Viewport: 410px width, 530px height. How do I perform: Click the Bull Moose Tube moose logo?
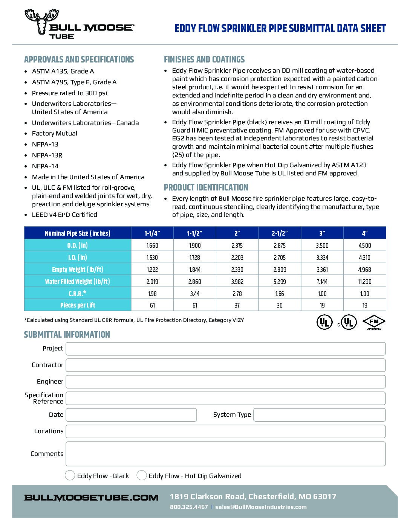(x=41, y=22)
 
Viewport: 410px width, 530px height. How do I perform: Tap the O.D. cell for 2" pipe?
(x=237, y=245)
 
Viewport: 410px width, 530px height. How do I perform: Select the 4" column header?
(x=364, y=233)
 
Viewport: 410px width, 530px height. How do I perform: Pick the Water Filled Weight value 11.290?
(x=364, y=282)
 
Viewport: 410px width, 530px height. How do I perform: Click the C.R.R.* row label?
(x=78, y=293)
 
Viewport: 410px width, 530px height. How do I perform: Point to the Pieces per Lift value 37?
(x=237, y=305)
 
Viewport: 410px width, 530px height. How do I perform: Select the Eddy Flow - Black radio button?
(x=70, y=475)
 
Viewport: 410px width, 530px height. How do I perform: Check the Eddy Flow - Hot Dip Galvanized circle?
(x=142, y=475)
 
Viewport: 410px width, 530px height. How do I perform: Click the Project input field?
(x=225, y=349)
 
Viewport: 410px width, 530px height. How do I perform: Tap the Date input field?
(x=131, y=415)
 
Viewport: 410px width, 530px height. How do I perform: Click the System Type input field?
(x=319, y=415)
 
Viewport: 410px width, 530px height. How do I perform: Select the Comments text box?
(x=225, y=454)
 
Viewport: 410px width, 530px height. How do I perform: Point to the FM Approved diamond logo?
(x=374, y=322)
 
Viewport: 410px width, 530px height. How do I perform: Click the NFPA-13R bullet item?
(x=47, y=155)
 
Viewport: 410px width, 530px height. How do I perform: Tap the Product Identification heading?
(x=206, y=187)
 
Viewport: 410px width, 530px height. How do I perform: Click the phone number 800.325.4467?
(x=189, y=507)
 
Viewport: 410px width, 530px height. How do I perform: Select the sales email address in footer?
(x=261, y=507)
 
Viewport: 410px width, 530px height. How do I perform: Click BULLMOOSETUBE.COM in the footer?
(x=91, y=498)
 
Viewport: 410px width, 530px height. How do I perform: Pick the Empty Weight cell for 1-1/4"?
(x=152, y=270)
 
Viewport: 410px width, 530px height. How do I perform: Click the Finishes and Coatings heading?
(x=204, y=59)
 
